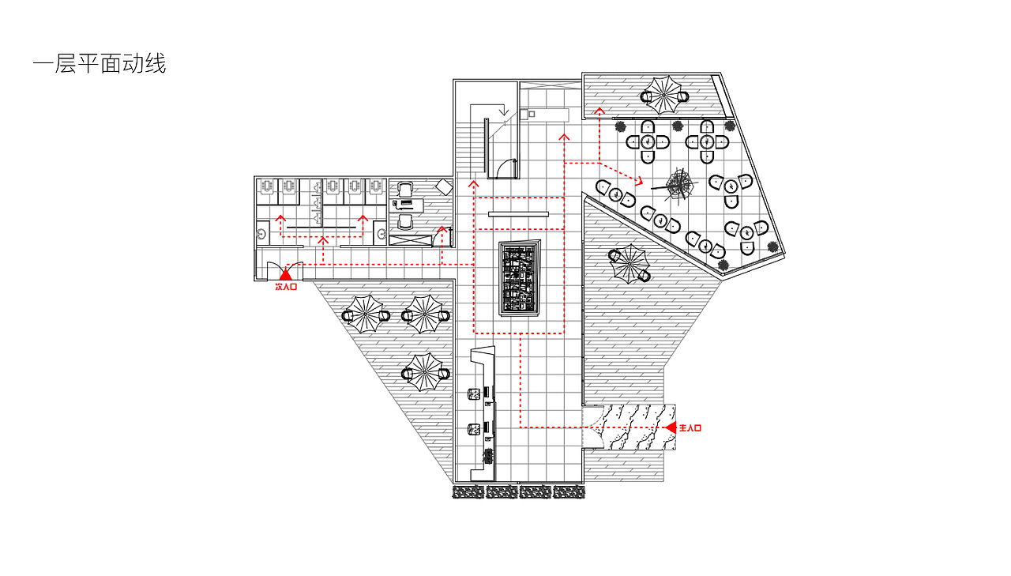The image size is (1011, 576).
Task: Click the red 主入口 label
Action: click(690, 428)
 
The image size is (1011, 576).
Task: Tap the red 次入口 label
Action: click(286, 287)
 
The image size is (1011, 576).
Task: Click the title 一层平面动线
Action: click(100, 63)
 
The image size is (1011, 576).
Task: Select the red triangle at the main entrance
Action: click(671, 427)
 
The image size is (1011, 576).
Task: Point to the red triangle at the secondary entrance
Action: click(285, 274)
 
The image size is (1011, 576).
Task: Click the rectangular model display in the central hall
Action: click(519, 277)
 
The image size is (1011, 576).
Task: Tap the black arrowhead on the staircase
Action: click(504, 111)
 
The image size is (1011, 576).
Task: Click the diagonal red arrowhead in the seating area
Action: click(639, 181)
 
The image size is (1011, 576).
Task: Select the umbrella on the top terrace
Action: click(663, 96)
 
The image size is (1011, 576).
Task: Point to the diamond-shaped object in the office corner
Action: click(444, 187)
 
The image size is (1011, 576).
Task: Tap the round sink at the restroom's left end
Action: click(261, 234)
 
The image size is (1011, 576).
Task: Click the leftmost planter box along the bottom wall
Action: click(468, 492)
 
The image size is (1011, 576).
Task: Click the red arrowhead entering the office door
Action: click(442, 230)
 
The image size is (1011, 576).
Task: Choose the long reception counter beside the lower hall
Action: click(484, 413)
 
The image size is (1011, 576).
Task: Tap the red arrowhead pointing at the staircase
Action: click(473, 184)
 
